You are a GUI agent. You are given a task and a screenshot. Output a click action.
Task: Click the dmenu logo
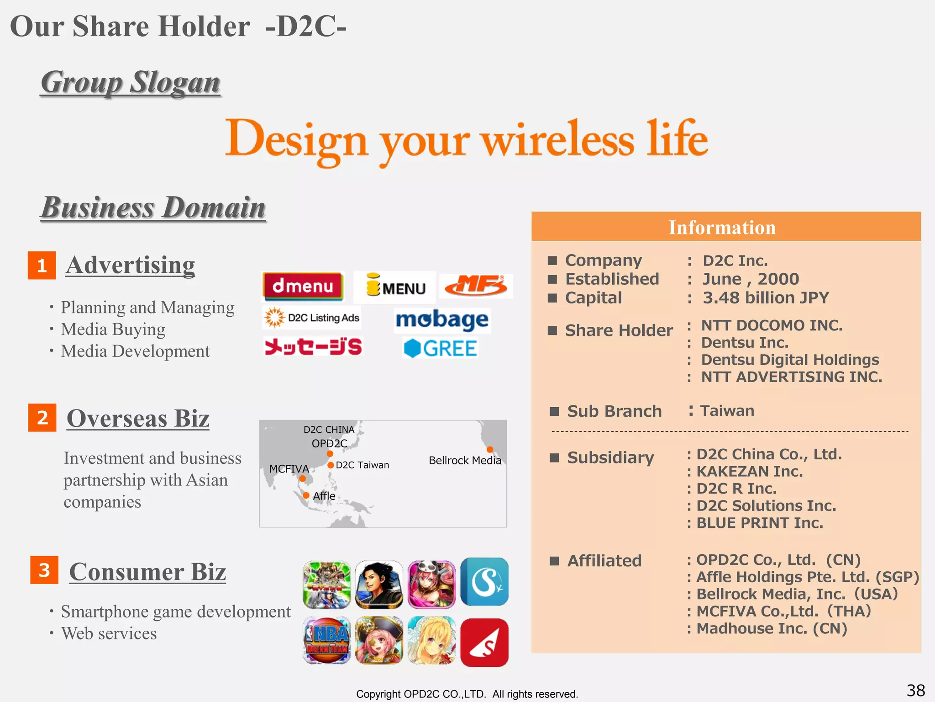point(303,287)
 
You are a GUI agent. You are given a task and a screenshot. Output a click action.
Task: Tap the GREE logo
point(441,348)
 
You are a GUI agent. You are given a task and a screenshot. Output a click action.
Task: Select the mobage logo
point(442,320)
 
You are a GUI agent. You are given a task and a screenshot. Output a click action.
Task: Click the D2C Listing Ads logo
point(312,318)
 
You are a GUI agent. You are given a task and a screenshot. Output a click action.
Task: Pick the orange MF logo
point(476,286)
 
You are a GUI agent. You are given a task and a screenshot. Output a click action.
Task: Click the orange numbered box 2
point(42,417)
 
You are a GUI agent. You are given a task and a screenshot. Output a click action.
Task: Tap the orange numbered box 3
point(44,570)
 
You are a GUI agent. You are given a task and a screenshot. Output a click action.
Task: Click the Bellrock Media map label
point(465,460)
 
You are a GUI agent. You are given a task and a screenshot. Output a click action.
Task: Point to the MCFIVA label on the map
point(289,468)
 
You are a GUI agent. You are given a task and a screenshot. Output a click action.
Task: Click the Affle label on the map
point(324,496)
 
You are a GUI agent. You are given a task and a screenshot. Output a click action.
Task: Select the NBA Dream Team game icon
point(327,640)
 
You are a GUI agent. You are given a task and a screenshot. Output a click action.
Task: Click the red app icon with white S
point(484,642)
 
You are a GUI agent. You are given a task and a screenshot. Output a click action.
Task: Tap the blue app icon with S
point(484,582)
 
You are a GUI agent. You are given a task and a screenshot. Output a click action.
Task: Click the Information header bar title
point(722,228)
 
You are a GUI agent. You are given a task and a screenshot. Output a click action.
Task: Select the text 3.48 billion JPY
point(766,298)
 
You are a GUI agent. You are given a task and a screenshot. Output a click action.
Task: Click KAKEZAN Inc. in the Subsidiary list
point(749,471)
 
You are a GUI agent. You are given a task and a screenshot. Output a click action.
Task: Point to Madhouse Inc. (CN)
point(772,628)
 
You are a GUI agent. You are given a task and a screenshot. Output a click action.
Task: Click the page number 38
point(915,690)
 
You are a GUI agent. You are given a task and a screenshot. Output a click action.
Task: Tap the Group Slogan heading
point(131,83)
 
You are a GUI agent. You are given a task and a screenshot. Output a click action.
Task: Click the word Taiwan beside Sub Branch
point(727,410)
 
